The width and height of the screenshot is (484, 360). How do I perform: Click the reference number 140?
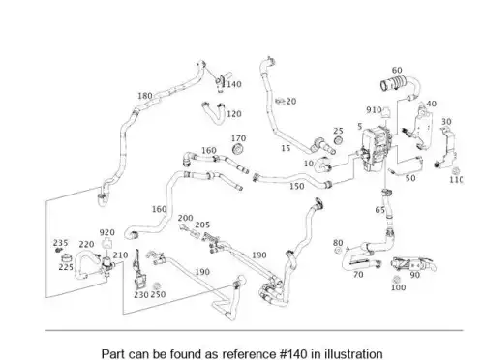coord(234,84)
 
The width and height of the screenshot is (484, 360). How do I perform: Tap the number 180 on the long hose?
coord(145,96)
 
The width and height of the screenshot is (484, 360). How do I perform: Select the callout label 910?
coord(374,110)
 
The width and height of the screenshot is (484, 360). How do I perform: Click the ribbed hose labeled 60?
coord(400,85)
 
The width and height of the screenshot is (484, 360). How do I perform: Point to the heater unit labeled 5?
coord(376,148)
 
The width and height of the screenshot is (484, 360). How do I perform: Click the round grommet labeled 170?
coord(238,150)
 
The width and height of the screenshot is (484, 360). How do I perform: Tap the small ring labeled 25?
coord(338,140)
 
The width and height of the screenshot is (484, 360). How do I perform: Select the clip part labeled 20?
coord(280,102)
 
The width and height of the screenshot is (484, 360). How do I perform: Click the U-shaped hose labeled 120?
coord(214,112)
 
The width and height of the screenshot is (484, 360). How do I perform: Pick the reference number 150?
coord(297,186)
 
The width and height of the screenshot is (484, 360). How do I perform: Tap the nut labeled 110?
coord(456,171)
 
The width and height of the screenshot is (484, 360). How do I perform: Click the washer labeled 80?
coord(338,251)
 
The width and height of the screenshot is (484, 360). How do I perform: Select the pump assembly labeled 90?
coord(414,264)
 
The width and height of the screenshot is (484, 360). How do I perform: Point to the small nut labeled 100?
coord(397,279)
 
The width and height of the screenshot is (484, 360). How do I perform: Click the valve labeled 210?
coord(107,266)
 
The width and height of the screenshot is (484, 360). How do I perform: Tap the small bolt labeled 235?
coord(58,250)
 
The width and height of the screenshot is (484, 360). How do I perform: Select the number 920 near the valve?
coord(106,232)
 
